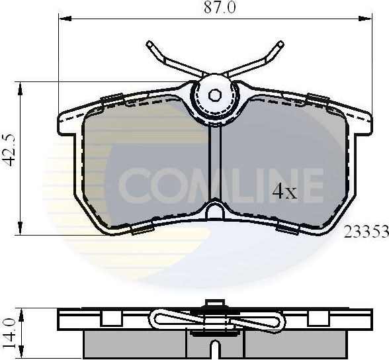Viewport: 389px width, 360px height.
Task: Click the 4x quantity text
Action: point(285,192)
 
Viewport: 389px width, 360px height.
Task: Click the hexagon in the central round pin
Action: point(215,95)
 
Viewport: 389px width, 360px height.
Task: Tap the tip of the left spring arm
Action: point(150,45)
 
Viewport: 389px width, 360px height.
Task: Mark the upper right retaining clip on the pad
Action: point(318,100)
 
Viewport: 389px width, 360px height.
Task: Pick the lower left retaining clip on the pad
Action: point(141,229)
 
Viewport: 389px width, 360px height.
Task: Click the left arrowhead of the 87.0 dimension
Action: point(63,19)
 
